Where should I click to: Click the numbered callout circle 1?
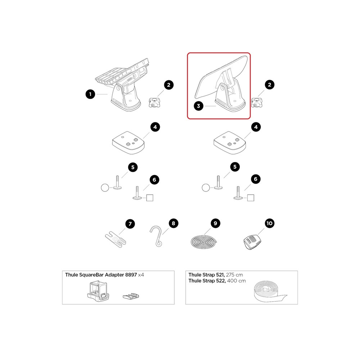(90, 94)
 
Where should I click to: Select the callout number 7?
(130, 224)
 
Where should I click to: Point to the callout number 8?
(173, 224)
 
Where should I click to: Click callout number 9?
(215, 224)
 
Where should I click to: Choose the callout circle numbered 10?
(270, 224)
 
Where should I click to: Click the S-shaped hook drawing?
(157, 236)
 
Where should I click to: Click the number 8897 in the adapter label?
(130, 275)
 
